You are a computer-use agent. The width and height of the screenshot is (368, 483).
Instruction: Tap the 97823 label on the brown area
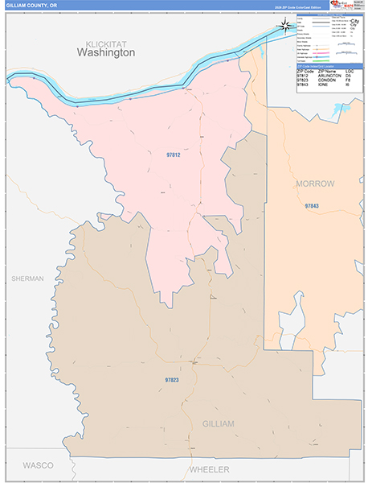171,380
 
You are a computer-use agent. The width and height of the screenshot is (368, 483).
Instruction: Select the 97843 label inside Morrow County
311,207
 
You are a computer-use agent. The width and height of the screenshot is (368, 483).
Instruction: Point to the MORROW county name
315,184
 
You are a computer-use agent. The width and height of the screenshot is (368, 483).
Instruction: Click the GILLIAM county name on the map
218,423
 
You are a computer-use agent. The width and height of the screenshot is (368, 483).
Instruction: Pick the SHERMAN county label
27,279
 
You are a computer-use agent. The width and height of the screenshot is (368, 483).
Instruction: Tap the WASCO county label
37,465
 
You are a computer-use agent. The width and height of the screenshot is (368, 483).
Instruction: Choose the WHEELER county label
209,469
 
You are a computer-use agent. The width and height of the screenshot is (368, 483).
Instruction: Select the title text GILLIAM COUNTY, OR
31,5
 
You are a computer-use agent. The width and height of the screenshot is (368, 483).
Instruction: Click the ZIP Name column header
329,70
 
